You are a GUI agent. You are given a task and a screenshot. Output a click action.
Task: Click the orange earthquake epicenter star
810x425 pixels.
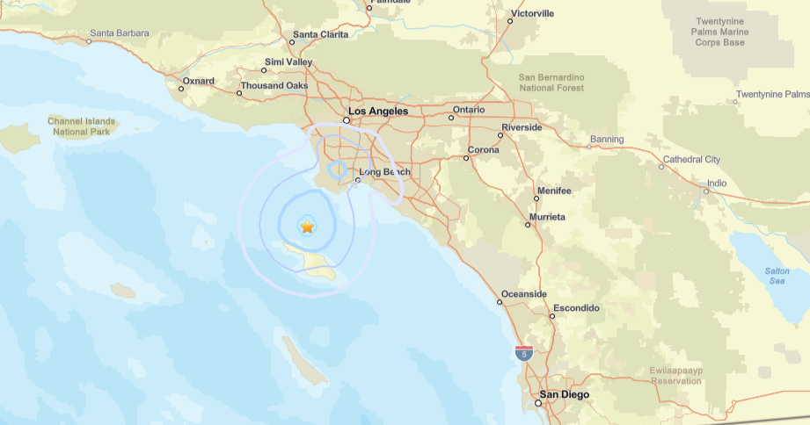coord(307,227)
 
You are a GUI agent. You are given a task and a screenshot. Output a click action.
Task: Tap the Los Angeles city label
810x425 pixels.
coord(378,112)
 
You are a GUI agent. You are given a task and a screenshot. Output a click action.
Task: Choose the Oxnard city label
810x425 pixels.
coord(197,81)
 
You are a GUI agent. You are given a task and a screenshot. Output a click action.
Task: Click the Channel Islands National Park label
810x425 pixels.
coord(80,126)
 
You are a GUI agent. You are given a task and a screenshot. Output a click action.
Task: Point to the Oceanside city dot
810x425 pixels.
coord(500,302)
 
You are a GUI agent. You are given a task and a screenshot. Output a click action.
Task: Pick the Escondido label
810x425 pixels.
coord(575,308)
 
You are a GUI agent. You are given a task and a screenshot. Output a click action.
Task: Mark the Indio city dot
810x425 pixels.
coord(706,191)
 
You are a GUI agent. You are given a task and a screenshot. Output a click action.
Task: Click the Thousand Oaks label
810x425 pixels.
coord(274,85)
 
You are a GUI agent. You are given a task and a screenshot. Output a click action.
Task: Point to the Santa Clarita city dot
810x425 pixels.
coord(293,41)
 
